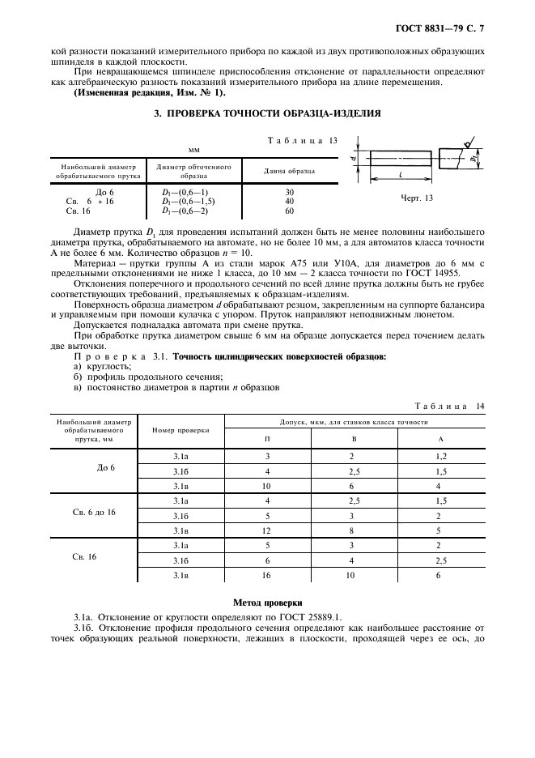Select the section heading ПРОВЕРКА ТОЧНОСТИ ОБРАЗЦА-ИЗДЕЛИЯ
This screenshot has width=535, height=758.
tap(267, 114)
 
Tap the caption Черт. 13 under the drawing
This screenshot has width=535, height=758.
tap(417, 198)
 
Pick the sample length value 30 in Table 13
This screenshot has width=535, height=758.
tap(290, 192)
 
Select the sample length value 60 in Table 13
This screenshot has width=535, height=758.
tap(290, 210)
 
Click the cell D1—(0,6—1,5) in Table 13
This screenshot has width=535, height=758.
tap(189, 201)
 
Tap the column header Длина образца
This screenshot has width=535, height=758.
tap(290, 171)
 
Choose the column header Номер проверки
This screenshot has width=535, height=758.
tap(182, 429)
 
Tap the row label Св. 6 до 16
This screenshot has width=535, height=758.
tap(94, 513)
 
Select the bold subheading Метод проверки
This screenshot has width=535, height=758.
tap(267, 603)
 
